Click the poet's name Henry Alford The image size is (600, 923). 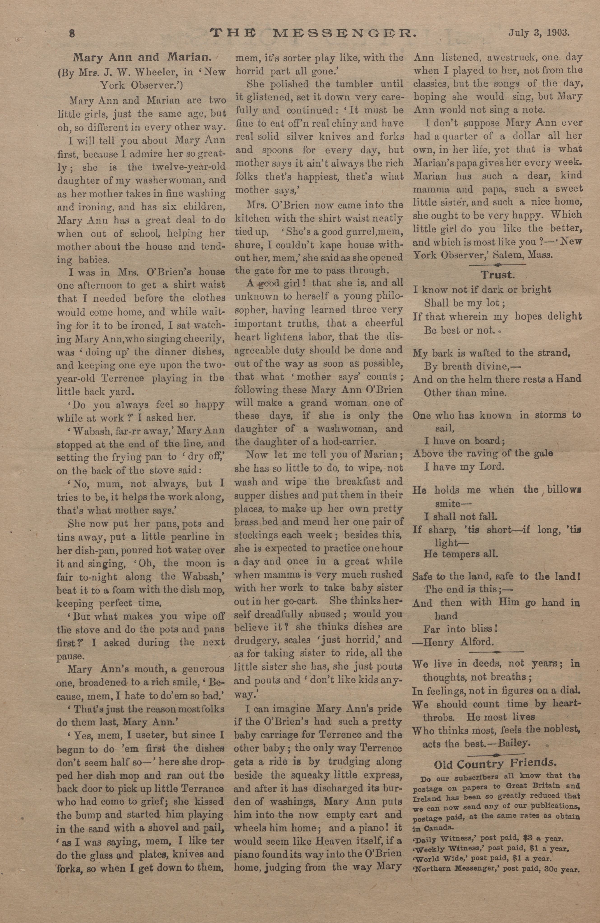tap(459, 642)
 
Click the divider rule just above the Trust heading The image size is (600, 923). tap(497, 265)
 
